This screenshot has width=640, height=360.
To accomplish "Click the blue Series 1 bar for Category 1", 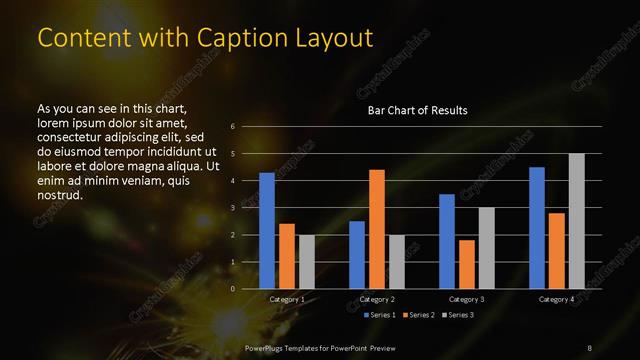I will click(267, 231).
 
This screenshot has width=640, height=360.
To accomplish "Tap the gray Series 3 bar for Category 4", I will click(576, 221).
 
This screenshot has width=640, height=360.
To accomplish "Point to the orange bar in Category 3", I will click(466, 264).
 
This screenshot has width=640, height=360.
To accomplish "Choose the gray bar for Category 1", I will click(306, 262).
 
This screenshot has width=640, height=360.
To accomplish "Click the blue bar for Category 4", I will click(537, 228).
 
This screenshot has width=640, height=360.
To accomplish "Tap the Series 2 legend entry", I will click(417, 315).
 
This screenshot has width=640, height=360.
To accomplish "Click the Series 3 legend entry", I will click(458, 315).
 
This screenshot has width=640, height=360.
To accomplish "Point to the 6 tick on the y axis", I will click(232, 127).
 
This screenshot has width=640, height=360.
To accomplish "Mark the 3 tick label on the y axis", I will click(232, 208).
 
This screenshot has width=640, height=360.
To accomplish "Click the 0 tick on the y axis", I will click(232, 289).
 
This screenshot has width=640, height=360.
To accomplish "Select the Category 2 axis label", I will click(377, 299).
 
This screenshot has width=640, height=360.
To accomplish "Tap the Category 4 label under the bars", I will click(556, 299).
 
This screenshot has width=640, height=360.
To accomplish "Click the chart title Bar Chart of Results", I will click(417, 110).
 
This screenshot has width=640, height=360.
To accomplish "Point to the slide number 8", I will click(589, 347).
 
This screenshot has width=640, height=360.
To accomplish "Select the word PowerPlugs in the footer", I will click(268, 347).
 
